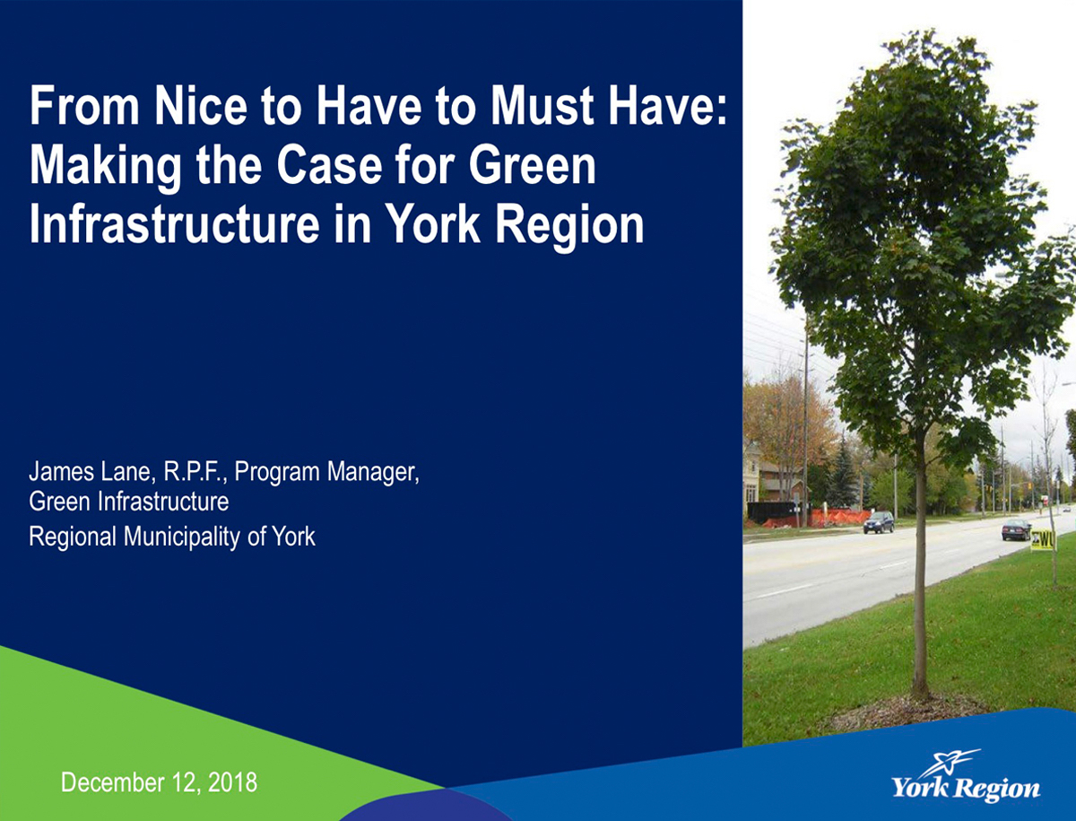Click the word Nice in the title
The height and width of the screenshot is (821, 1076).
click(x=201, y=107)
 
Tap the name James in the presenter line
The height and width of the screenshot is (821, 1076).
click(x=61, y=471)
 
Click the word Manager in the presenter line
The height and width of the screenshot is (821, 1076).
click(x=372, y=473)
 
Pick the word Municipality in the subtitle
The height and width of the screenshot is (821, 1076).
click(x=182, y=537)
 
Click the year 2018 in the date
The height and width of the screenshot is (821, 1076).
click(x=232, y=782)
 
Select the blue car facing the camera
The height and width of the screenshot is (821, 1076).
click(x=879, y=522)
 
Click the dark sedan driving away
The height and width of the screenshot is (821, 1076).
click(x=1016, y=529)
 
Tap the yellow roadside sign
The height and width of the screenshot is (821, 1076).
click(x=1042, y=540)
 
